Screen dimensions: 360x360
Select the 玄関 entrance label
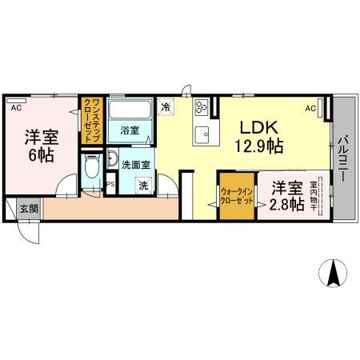click(29, 208)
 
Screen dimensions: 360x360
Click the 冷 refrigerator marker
click(166, 105)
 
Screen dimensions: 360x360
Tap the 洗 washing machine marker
click(143, 186)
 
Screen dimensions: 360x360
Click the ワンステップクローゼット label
click(92, 120)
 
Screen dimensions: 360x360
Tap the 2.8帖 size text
click(286, 205)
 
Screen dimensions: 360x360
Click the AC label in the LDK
click(310, 106)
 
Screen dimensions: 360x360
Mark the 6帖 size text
click(40, 154)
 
